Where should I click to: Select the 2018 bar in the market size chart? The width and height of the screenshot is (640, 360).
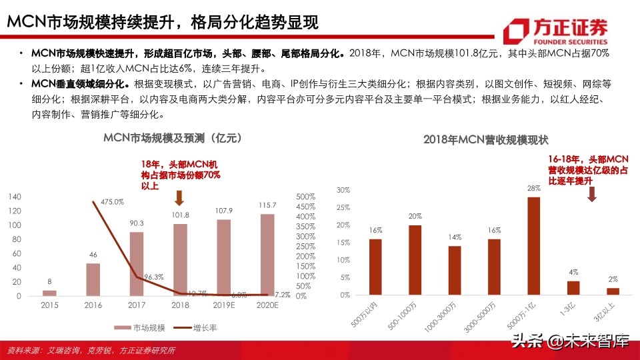(x=180, y=259)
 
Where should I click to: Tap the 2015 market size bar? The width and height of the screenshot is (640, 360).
(x=50, y=293)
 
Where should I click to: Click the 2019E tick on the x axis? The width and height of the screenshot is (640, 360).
(x=223, y=306)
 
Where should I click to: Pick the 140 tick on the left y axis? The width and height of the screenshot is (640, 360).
(x=15, y=196)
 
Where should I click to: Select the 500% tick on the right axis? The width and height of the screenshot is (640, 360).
(x=305, y=196)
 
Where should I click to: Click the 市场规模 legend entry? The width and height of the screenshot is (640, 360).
(x=140, y=327)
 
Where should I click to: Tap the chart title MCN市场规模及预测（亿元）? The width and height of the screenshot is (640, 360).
(x=172, y=138)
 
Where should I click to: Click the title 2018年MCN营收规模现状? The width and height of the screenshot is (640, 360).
(x=485, y=140)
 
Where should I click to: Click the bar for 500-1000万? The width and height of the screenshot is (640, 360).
(x=415, y=260)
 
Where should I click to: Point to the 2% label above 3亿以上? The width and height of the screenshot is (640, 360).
(x=612, y=279)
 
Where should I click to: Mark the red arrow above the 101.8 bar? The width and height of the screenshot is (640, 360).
(x=179, y=198)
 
